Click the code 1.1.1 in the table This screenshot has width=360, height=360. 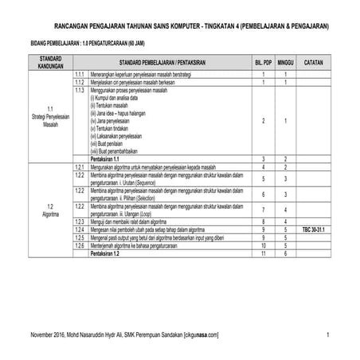[x=79, y=73]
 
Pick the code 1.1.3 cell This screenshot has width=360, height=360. [x=79, y=89]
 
